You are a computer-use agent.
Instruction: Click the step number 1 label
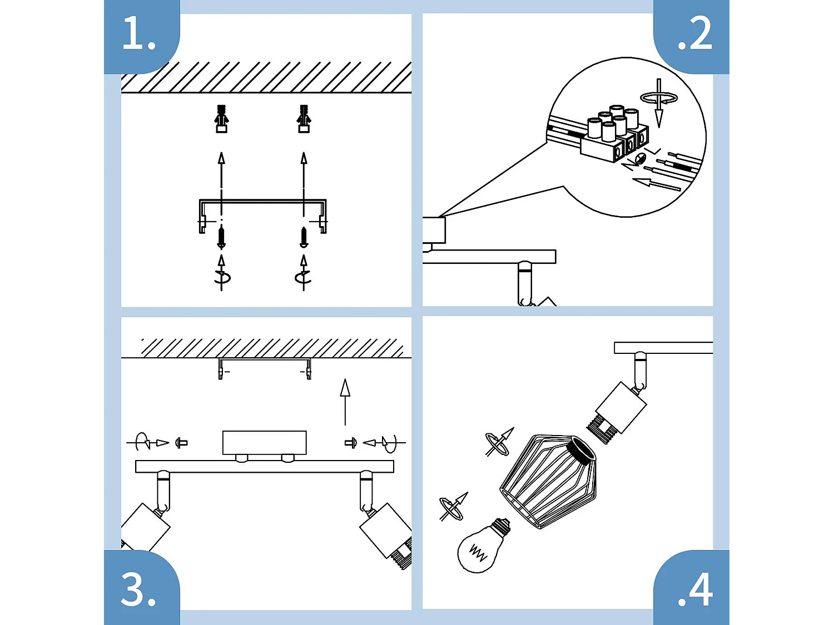click(138, 33)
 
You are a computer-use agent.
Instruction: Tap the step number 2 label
click(694, 33)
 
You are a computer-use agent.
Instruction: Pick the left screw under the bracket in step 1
click(221, 237)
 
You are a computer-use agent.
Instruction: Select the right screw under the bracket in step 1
click(304, 237)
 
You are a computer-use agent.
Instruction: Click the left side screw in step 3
click(181, 443)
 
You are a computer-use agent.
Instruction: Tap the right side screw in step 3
click(350, 443)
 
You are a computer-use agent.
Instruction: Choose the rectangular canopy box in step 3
click(264, 442)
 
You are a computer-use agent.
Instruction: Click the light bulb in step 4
click(481, 548)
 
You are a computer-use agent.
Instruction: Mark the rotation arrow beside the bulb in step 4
click(453, 506)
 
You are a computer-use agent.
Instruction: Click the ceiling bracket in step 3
click(265, 367)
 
